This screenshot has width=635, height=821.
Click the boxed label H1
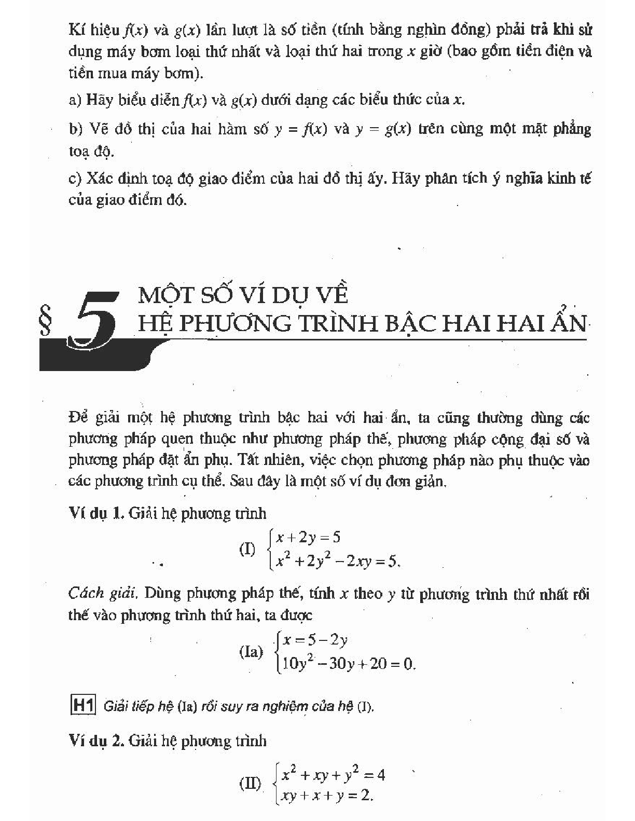click(x=83, y=705)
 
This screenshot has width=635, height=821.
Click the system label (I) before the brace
click(x=247, y=549)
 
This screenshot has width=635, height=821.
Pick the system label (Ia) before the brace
click(x=251, y=652)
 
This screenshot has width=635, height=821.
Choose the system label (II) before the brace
click(x=250, y=784)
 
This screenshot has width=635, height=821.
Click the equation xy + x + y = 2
click(x=327, y=796)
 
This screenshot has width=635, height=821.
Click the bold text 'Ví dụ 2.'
click(x=97, y=741)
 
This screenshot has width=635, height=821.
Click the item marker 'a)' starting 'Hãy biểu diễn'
click(x=75, y=100)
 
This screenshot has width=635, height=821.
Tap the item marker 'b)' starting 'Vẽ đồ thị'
click(x=75, y=129)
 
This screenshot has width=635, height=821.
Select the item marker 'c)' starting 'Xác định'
click(x=75, y=179)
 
